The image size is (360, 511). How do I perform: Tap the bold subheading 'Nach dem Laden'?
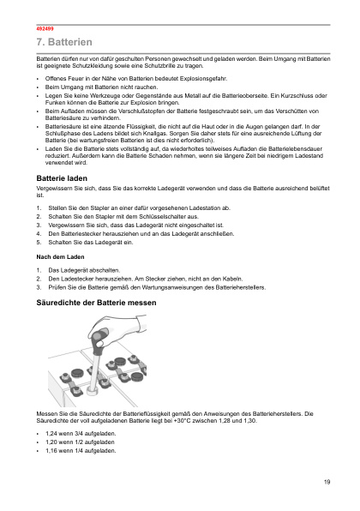pos(57,256)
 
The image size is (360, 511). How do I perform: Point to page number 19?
pos(327,483)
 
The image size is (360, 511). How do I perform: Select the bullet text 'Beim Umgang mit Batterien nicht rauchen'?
pos(101,87)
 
